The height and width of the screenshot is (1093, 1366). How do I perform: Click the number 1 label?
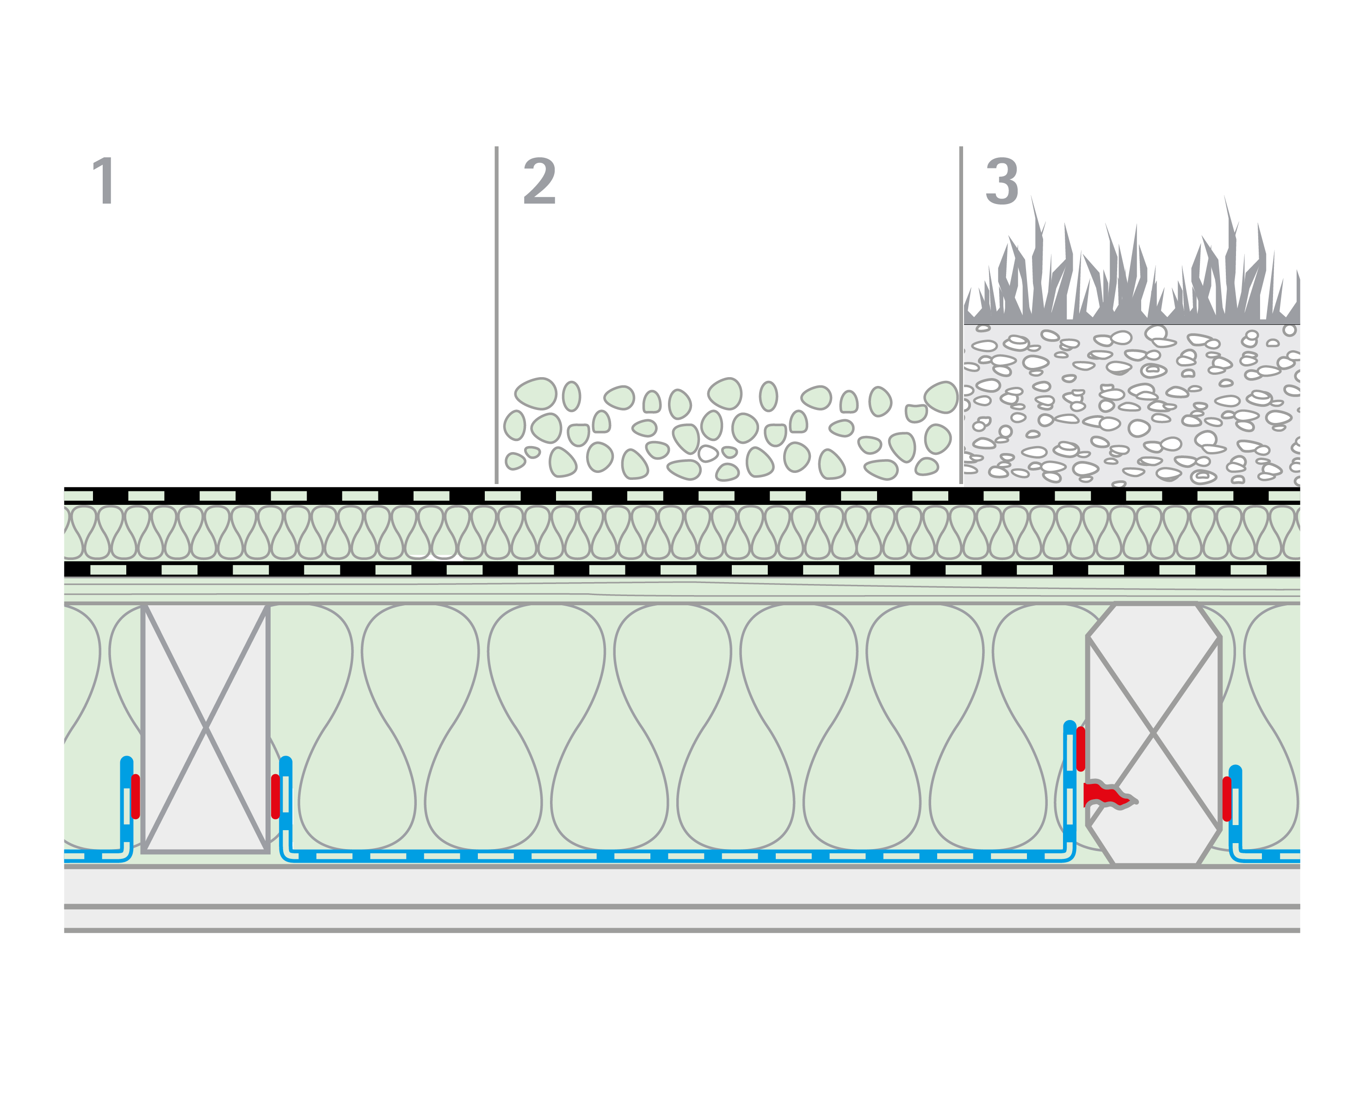[104, 181]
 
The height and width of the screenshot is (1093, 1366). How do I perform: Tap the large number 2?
[539, 181]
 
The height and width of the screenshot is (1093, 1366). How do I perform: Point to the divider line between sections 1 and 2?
[497, 317]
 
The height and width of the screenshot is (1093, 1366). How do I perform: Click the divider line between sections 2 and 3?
[961, 317]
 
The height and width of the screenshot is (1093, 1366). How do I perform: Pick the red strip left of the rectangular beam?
[136, 796]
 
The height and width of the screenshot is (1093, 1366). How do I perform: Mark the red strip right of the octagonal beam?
[1227, 798]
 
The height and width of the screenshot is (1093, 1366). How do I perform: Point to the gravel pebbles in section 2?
[729, 431]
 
